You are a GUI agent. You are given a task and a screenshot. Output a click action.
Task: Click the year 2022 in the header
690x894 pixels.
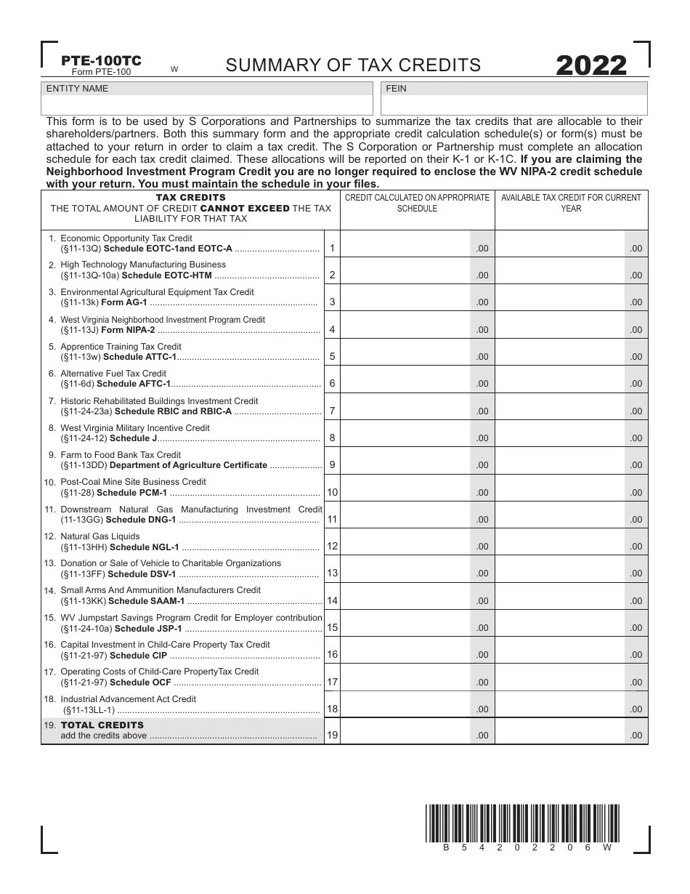click(591, 65)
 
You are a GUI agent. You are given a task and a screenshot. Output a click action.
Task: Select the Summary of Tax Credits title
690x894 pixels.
click(353, 65)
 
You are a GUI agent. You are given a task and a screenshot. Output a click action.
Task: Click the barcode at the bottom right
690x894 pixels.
click(521, 823)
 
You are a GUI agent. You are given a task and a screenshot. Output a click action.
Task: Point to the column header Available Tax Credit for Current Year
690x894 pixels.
click(571, 203)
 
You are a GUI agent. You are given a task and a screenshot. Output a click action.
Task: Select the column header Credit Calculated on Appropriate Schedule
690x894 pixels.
click(417, 203)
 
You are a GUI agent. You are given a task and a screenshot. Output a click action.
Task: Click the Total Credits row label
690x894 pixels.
click(102, 725)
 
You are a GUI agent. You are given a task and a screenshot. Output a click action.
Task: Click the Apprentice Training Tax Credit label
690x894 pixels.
click(121, 347)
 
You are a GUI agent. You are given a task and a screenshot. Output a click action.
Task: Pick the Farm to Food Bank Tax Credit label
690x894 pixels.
click(121, 455)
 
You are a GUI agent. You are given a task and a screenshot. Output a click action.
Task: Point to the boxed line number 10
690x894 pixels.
click(331, 492)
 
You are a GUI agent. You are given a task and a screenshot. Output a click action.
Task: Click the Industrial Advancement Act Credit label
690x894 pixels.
click(128, 699)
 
